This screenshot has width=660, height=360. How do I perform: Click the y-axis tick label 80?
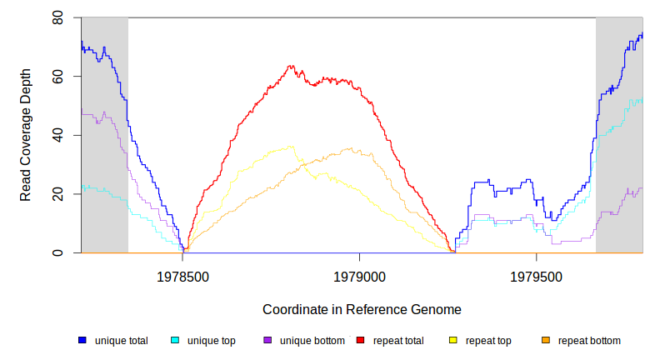coord(58,17)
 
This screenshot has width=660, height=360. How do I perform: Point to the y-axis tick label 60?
coord(58,77)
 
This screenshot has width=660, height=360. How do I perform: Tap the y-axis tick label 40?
coord(58,135)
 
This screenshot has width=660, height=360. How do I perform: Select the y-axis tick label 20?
coord(58,194)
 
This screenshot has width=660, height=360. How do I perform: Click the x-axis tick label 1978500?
coord(183,275)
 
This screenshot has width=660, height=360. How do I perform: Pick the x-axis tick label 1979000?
coord(360,275)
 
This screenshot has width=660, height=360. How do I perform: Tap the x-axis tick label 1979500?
coord(536,275)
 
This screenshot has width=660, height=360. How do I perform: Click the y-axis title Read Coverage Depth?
coord(26,135)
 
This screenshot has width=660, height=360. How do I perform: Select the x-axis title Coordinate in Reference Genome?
coord(362,309)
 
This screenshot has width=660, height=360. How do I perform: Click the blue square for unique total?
coord(82,341)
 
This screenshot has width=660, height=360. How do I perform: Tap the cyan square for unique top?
coord(175,341)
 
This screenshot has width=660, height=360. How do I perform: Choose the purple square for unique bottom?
coord(267,341)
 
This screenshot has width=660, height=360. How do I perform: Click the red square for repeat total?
coord(360,341)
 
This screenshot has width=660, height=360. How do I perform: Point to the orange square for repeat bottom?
coord(546,341)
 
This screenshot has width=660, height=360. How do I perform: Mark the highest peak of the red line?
coord(291,66)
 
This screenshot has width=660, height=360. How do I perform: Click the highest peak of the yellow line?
coord(291,147)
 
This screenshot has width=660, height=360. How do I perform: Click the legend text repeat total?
coord(398,341)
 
